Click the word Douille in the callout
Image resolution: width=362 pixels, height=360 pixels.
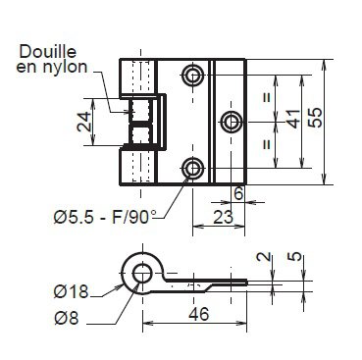tap(48, 52)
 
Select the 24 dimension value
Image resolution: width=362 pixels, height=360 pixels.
tap(84, 122)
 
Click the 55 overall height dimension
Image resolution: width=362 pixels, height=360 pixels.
tap(316, 118)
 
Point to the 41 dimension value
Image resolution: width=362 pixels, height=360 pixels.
tap(293, 119)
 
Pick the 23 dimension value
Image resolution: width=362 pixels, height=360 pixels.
tap(223, 217)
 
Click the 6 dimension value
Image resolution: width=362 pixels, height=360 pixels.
tap(238, 193)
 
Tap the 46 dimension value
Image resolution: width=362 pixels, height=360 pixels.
tap(198, 314)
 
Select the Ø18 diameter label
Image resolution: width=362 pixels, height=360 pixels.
tap(71, 291)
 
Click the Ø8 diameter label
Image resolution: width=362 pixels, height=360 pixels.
tap(67, 318)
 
